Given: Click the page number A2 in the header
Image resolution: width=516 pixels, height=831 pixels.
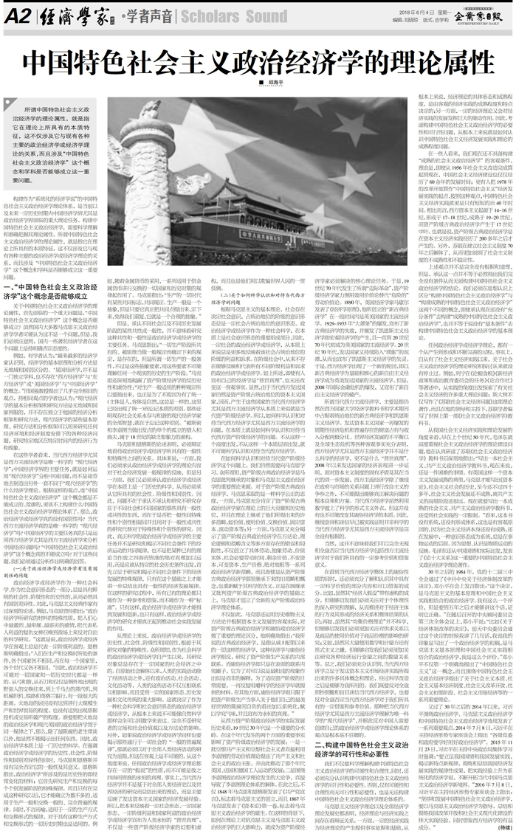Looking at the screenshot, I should coord(16,15).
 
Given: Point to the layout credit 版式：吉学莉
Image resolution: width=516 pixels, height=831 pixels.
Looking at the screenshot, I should coord(436,21).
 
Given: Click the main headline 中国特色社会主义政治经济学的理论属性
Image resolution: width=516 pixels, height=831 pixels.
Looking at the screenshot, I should coord(257,61).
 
